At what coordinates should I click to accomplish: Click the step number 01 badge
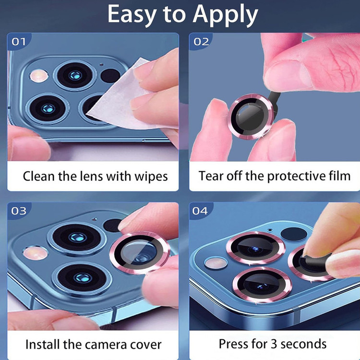point(19,42)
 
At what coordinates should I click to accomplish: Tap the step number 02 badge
point(201,42)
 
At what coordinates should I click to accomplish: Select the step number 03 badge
point(19,211)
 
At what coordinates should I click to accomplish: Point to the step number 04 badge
point(200,211)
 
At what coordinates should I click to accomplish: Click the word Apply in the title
point(225,15)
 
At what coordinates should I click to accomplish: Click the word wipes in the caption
point(151,177)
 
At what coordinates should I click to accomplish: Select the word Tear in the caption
point(211,176)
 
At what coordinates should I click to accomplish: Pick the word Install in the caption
point(43,344)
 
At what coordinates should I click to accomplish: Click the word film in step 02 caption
point(340,176)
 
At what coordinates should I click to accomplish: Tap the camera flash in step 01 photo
point(39,76)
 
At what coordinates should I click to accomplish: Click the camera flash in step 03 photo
point(35,253)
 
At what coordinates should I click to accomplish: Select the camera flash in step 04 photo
point(216,263)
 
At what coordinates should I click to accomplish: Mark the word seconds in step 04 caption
point(303,344)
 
